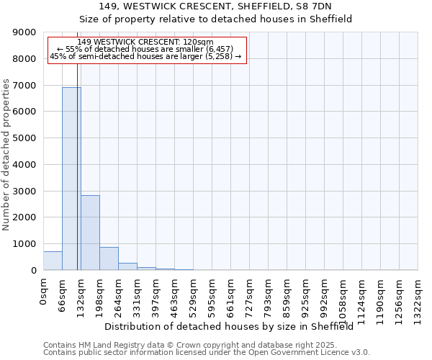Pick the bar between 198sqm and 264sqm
click(x=109, y=258)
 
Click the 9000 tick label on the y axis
click(x=24, y=32)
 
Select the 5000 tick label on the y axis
click(x=24, y=138)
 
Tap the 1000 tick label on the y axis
click(x=24, y=244)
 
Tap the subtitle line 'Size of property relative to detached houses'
click(x=215, y=19)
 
